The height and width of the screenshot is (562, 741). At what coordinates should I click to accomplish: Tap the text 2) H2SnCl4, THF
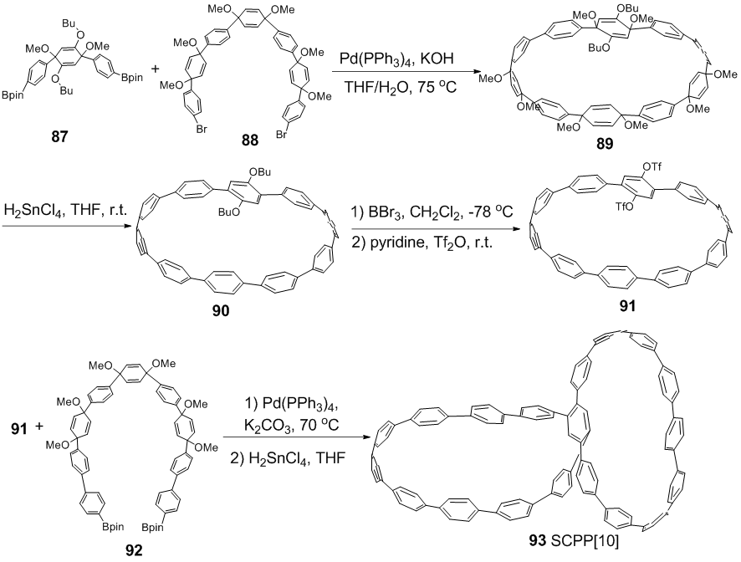coord(290,460)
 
